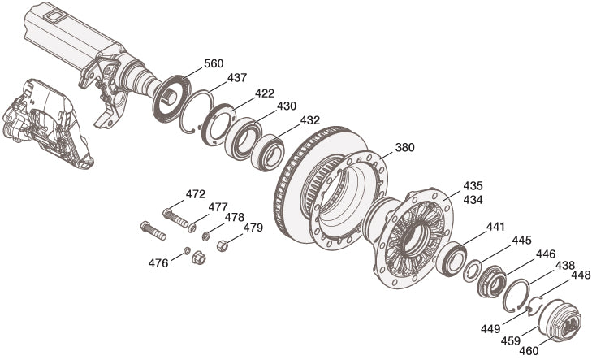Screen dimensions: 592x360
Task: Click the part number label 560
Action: point(214,63)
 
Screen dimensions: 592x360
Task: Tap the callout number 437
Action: point(237,78)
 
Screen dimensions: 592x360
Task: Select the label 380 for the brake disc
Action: point(404,147)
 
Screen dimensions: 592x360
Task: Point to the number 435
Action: point(473,186)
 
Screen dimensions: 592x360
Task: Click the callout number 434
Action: point(473,199)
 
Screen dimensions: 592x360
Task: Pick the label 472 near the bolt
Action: point(196,194)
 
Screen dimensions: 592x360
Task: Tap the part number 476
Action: point(158,263)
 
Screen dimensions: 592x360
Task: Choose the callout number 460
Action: point(529,351)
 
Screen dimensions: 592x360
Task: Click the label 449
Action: point(490,329)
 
